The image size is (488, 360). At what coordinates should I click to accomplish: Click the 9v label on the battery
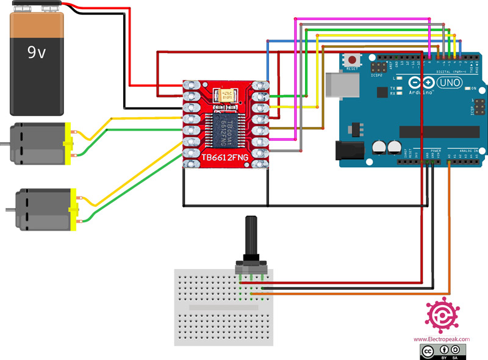[37, 53]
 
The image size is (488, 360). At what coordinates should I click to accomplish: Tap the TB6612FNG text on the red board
[226, 158]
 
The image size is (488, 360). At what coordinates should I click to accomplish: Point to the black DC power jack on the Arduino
[348, 151]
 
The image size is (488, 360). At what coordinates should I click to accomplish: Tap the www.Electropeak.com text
[442, 339]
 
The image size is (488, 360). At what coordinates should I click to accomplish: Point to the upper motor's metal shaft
[5, 144]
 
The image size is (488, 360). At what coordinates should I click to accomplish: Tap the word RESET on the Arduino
[352, 69]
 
